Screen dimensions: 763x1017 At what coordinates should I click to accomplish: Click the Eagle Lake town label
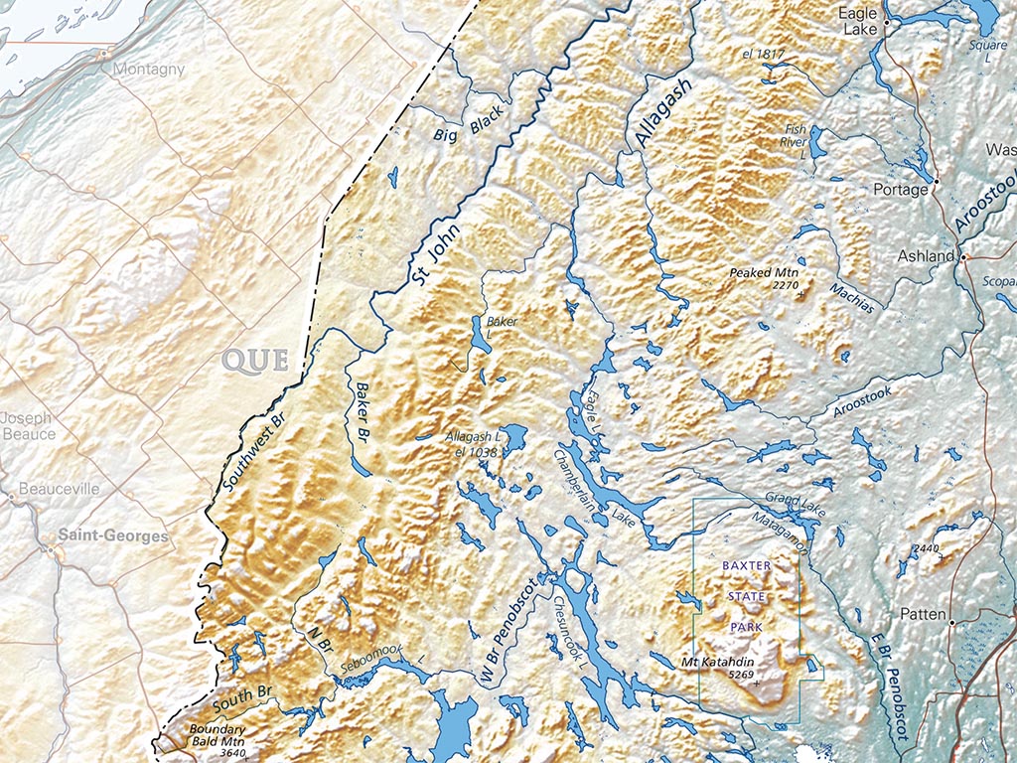tap(859, 22)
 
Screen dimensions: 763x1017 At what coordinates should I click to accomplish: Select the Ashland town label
tap(926, 256)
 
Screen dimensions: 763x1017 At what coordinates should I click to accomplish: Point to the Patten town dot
tap(951, 623)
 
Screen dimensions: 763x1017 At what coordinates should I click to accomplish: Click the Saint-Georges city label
tap(112, 535)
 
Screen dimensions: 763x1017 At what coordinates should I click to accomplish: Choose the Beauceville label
tap(61, 490)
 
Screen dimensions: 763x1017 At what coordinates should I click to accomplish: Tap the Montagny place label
tap(149, 70)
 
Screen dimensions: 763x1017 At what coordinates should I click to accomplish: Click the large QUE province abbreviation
tap(255, 360)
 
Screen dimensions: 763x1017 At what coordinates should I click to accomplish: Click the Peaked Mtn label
tap(764, 272)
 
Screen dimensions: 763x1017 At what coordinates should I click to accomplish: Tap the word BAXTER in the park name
tap(746, 565)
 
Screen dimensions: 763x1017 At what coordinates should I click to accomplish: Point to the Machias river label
tap(853, 297)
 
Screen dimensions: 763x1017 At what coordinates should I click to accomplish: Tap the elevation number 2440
tap(925, 548)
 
